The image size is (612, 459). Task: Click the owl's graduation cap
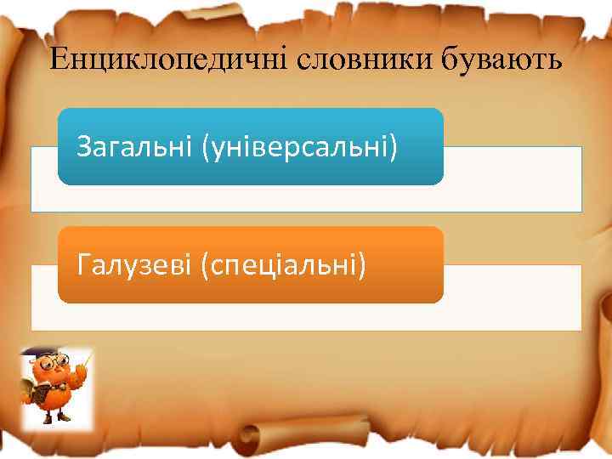[41, 353]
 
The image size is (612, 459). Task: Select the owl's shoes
[56, 420]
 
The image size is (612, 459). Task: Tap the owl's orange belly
[59, 397]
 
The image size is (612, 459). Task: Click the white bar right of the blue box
[512, 178]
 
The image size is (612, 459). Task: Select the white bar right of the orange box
[512, 297]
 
